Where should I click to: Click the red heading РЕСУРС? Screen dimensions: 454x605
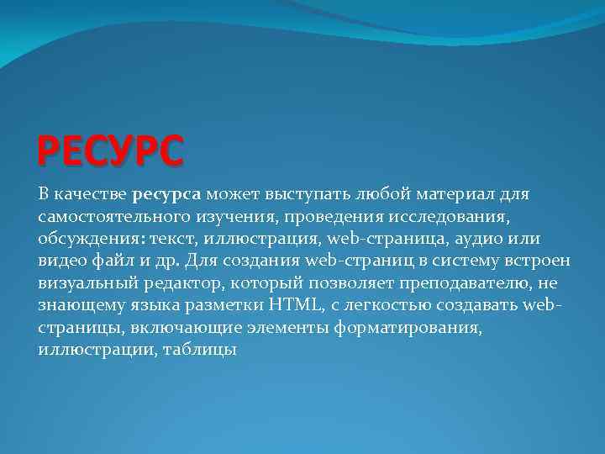click(109, 152)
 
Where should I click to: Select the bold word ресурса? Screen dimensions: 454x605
click(166, 195)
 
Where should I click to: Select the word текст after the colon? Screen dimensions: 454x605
click(171, 239)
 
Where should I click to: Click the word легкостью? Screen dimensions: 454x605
click(415, 304)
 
